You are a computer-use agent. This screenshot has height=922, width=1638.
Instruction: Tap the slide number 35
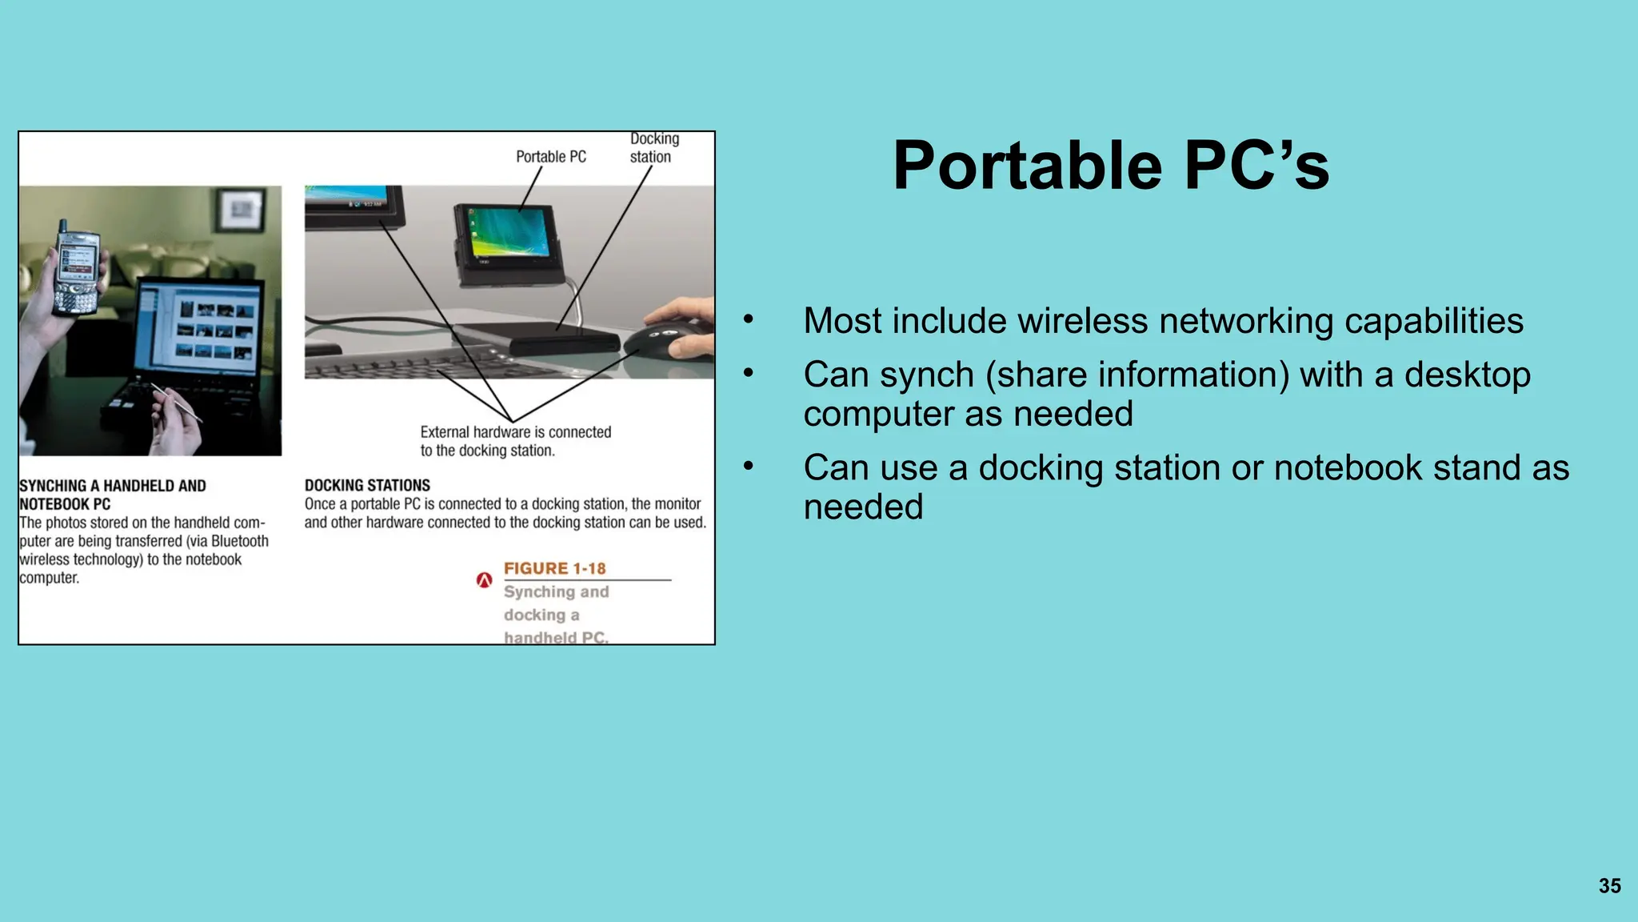[x=1609, y=886]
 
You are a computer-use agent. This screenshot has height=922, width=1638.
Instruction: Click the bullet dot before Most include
[x=748, y=319]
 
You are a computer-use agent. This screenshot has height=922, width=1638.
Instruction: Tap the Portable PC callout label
[x=550, y=157]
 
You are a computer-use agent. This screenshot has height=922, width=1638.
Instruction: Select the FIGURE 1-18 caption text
[x=554, y=568]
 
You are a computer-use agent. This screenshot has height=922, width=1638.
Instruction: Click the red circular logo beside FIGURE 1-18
[x=484, y=580]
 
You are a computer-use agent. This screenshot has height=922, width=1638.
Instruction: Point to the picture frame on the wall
[x=241, y=210]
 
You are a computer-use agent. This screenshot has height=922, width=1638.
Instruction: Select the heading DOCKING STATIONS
[x=367, y=486]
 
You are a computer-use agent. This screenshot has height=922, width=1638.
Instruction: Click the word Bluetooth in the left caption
[x=239, y=542]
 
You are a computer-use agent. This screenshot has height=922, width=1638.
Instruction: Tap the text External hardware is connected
[x=515, y=432]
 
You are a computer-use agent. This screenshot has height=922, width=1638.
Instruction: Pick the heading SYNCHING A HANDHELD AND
[x=113, y=486]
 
